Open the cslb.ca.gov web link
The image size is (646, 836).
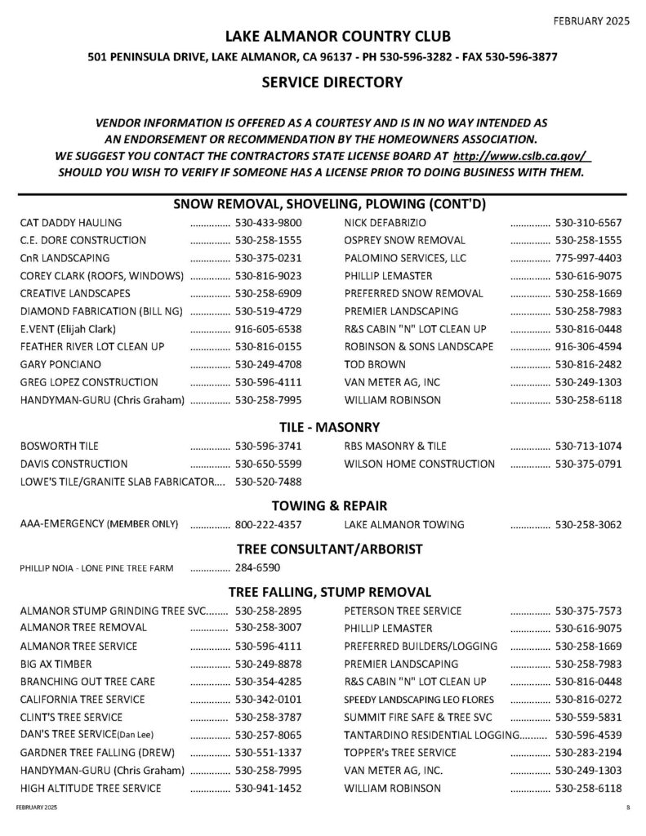pos(521,155)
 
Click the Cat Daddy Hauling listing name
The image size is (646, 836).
pos(70,223)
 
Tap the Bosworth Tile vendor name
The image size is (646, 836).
pos(59,447)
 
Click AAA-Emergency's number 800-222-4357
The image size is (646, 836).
pos(269,525)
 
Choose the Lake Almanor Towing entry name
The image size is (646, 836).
pos(404,525)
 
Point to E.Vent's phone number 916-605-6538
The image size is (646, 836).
pos(269,329)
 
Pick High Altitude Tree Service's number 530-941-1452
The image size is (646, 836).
pos(269,789)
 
